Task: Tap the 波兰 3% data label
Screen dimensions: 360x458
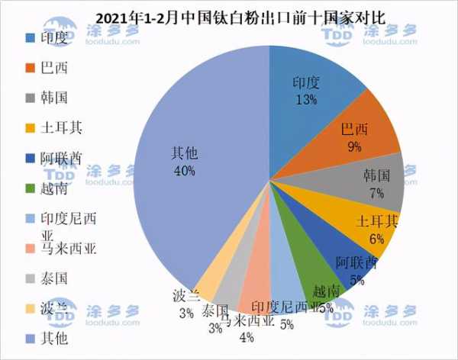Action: (185, 304)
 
